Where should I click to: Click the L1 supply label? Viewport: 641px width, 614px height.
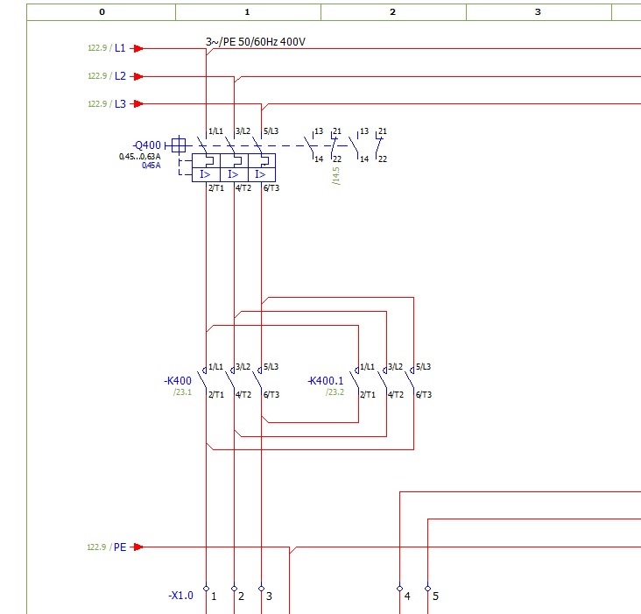(x=120, y=48)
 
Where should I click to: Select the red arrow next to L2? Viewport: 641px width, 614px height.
(x=138, y=76)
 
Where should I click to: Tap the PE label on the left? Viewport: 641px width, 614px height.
(x=120, y=547)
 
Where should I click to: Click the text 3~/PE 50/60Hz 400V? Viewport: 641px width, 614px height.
(x=256, y=42)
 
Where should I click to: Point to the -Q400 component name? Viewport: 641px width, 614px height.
(x=147, y=145)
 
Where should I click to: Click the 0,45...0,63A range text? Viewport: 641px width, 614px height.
(x=140, y=157)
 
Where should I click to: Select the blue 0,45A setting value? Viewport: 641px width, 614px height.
(x=151, y=166)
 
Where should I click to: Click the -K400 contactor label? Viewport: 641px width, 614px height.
(x=178, y=381)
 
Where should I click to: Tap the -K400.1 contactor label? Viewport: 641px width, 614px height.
(x=326, y=381)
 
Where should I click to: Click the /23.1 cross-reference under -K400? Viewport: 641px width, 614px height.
(x=182, y=392)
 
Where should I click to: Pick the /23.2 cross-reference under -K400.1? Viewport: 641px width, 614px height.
(x=335, y=392)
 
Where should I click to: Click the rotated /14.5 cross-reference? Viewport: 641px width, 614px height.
(x=336, y=176)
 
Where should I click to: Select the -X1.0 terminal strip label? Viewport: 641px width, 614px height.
(x=180, y=596)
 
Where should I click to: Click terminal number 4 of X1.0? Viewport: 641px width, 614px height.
(x=407, y=596)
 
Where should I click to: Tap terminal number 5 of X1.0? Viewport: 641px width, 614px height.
(x=435, y=596)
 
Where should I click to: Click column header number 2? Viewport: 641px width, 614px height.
(x=393, y=12)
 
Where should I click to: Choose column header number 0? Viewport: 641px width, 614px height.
(x=102, y=12)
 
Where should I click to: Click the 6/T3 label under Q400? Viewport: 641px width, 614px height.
(x=271, y=188)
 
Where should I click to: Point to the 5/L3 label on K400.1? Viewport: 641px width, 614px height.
(x=424, y=366)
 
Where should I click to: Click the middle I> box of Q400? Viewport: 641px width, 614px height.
(x=234, y=174)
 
